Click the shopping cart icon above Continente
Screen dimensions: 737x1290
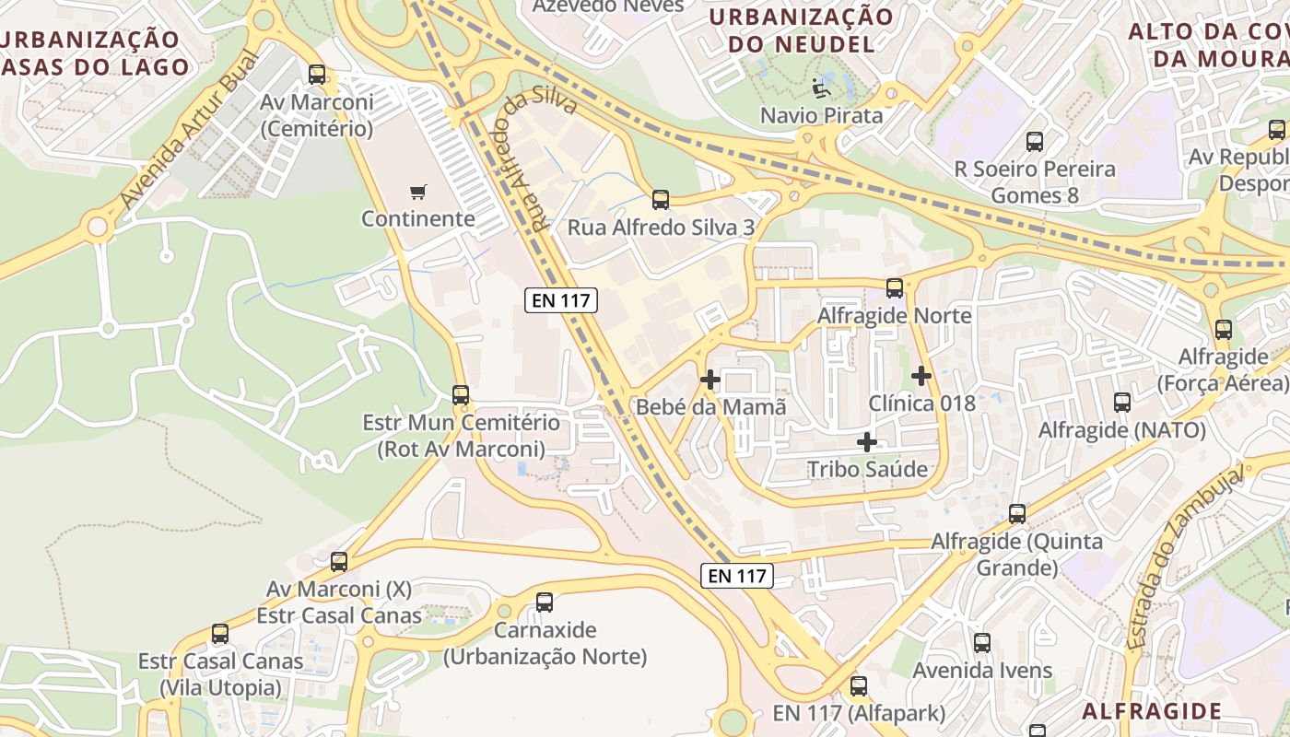tap(418, 192)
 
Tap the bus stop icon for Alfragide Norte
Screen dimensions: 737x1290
tap(894, 288)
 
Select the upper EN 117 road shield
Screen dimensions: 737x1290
tap(561, 299)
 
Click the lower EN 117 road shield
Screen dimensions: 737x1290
tap(736, 576)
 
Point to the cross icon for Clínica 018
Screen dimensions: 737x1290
tap(921, 376)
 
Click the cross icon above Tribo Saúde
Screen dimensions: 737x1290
tap(867, 442)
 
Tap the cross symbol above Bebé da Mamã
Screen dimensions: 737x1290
tap(710, 379)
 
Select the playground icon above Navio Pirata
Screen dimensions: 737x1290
tap(820, 88)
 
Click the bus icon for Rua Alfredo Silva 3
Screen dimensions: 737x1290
tap(660, 200)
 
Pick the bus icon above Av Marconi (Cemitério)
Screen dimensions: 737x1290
tap(317, 75)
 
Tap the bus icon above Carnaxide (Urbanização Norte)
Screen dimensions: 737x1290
tap(545, 602)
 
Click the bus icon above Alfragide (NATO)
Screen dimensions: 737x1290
tap(1121, 403)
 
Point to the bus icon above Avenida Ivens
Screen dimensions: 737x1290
tap(982, 643)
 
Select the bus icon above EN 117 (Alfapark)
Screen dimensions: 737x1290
tap(859, 686)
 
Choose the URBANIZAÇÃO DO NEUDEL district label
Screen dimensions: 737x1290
tap(801, 30)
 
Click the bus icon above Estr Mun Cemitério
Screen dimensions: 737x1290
tap(461, 395)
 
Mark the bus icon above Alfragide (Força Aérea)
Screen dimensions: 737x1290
tap(1223, 330)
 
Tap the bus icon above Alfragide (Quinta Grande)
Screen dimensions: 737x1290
tap(1017, 514)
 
